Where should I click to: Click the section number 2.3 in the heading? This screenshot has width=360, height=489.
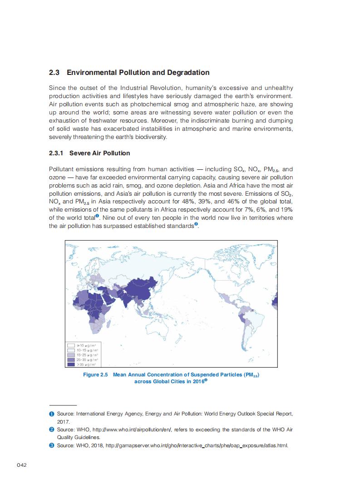[x=54, y=73]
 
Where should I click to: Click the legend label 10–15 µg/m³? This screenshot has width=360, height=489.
[x=87, y=351]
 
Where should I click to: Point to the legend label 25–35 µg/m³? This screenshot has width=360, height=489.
[x=87, y=360]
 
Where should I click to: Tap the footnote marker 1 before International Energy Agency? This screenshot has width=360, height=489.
[x=52, y=414]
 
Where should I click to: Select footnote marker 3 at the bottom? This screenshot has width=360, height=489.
[x=52, y=445]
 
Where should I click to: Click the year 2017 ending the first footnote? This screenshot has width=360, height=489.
[x=63, y=421]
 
